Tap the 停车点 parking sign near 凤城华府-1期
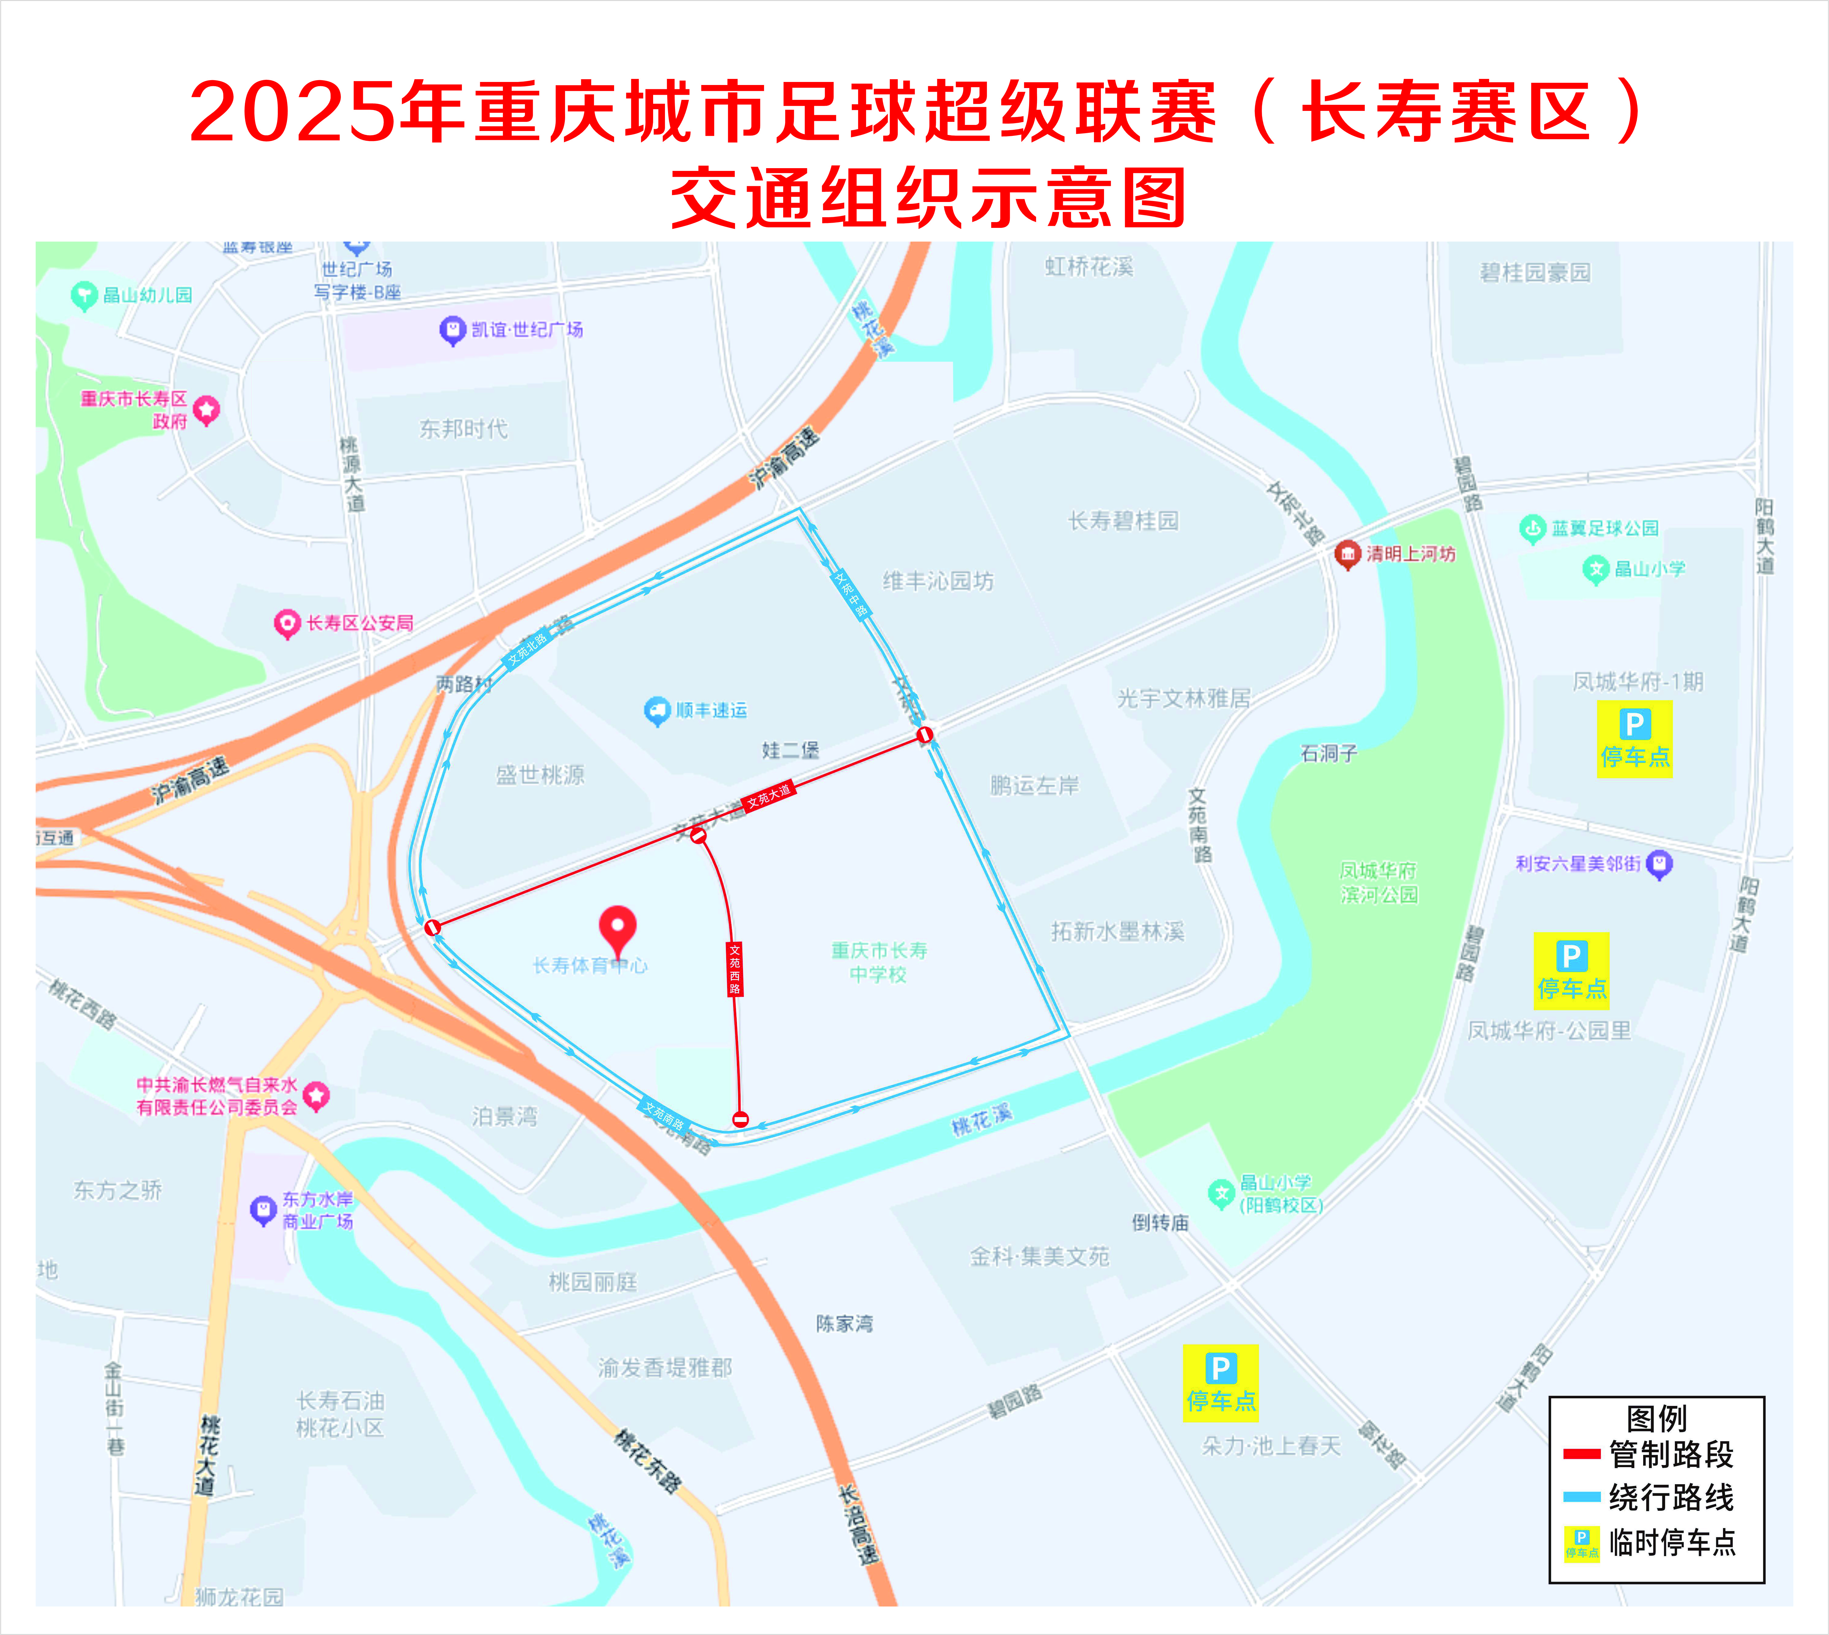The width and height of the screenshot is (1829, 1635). coord(1634,739)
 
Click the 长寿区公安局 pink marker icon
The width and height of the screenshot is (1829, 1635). coord(287,624)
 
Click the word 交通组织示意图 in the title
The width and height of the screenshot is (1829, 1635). coord(928,197)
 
